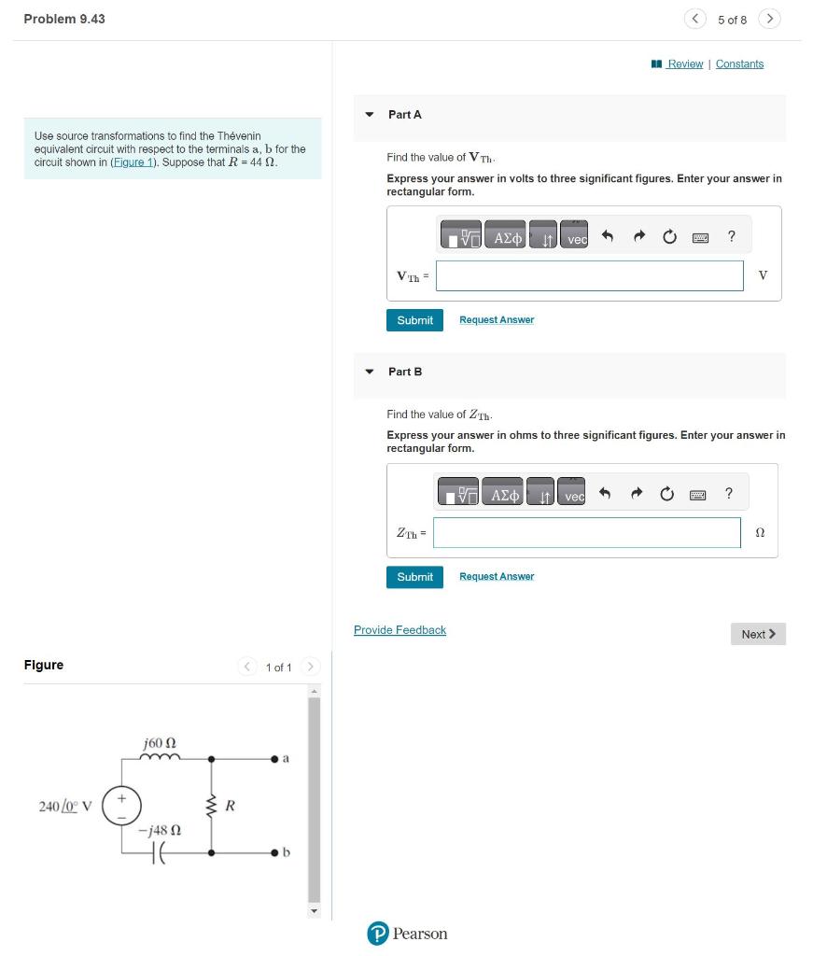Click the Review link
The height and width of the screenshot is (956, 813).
(684, 64)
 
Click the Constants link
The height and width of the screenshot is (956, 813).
(739, 64)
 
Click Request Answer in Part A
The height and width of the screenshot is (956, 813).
(497, 320)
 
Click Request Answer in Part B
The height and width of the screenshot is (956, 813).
(497, 577)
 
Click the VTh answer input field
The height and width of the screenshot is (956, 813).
(589, 275)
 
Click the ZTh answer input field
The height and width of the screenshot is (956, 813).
(586, 533)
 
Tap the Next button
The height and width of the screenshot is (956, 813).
(758, 634)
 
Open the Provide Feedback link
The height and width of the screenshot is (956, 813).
(399, 630)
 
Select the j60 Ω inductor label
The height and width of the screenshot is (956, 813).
(160, 743)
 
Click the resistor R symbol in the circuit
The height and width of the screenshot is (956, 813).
(211, 806)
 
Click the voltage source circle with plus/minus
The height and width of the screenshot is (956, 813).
(120, 805)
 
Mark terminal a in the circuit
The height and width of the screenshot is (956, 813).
(275, 759)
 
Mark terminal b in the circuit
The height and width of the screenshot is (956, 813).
(275, 852)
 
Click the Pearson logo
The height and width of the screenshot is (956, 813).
(407, 934)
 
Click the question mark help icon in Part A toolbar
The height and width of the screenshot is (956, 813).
(731, 236)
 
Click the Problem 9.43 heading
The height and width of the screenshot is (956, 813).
(64, 19)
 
